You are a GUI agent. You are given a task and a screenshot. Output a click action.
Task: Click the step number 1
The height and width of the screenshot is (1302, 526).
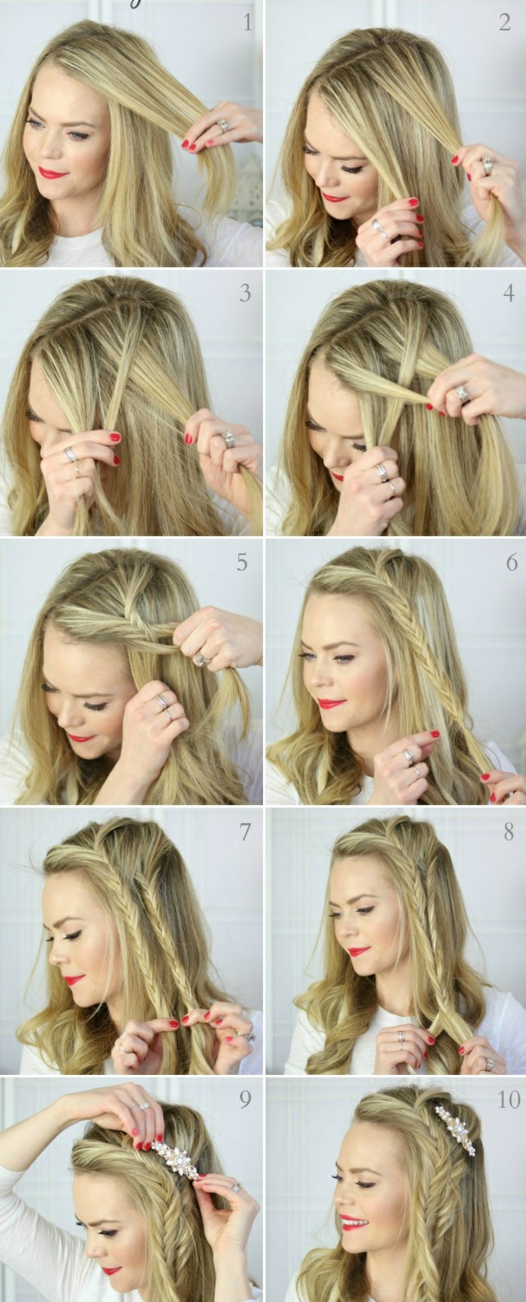pos(247,23)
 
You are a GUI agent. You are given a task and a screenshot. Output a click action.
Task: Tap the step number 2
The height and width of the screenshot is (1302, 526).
pos(505,23)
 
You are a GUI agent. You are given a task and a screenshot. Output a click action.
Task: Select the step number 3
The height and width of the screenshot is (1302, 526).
pos(245,294)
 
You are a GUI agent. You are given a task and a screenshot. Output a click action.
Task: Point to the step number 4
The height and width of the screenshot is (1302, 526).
pos(509,293)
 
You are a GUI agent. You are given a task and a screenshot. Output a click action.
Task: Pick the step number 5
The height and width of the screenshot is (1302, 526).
pos(242,562)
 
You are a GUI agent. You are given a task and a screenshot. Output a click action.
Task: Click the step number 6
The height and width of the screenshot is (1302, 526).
pos(512,563)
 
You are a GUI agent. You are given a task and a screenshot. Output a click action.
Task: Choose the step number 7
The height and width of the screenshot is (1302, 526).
pos(245,832)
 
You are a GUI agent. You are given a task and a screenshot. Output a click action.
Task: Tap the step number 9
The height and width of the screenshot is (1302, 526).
pos(245,1100)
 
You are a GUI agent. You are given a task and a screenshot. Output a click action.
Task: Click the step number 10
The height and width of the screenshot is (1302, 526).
pos(509,1100)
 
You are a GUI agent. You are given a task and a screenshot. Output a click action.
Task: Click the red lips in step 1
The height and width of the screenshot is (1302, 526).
pos(53,173)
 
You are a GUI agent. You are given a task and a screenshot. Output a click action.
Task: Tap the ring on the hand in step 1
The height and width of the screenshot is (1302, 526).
pos(223,126)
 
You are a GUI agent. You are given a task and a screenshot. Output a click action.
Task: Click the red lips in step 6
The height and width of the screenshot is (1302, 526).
pos(330,704)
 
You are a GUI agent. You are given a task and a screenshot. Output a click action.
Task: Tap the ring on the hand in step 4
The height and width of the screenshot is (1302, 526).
pos(463,395)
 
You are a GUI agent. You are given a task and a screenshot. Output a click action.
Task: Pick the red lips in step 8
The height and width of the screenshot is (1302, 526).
pos(358,952)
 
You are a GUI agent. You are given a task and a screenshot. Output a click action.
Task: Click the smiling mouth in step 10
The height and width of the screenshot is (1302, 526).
pos(353,1222)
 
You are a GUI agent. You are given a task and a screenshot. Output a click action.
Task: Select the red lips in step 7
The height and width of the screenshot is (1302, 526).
pos(74,980)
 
